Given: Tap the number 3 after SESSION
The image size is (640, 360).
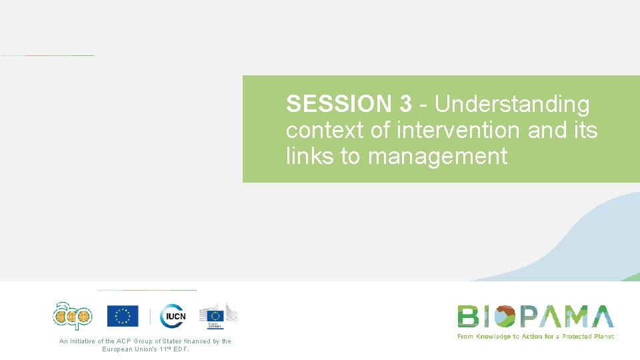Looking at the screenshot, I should pos(405,105).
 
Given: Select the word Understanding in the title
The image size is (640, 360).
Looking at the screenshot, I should pos(512,105).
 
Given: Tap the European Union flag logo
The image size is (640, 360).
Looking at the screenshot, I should pos(123,316).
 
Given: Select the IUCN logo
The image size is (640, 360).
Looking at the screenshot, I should pos(173,316).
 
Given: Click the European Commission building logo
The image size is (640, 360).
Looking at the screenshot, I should pos(218,316).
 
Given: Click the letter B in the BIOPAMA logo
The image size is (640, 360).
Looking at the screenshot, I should pos(468,317).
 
